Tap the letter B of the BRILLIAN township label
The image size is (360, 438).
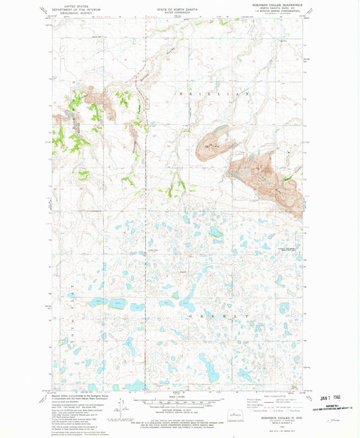click(181, 90)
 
